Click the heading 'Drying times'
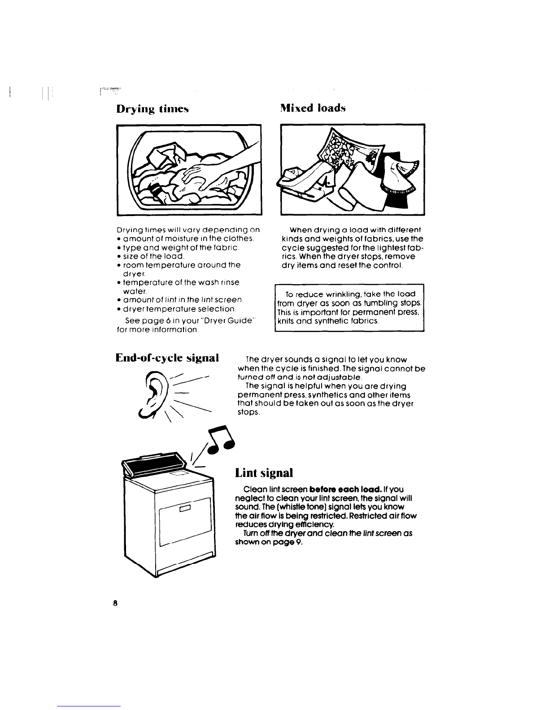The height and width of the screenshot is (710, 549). click(x=152, y=109)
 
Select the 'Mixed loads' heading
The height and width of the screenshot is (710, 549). click(x=313, y=108)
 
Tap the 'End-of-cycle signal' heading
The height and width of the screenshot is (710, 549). click(x=167, y=358)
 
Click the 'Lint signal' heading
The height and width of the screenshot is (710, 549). click(x=264, y=473)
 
